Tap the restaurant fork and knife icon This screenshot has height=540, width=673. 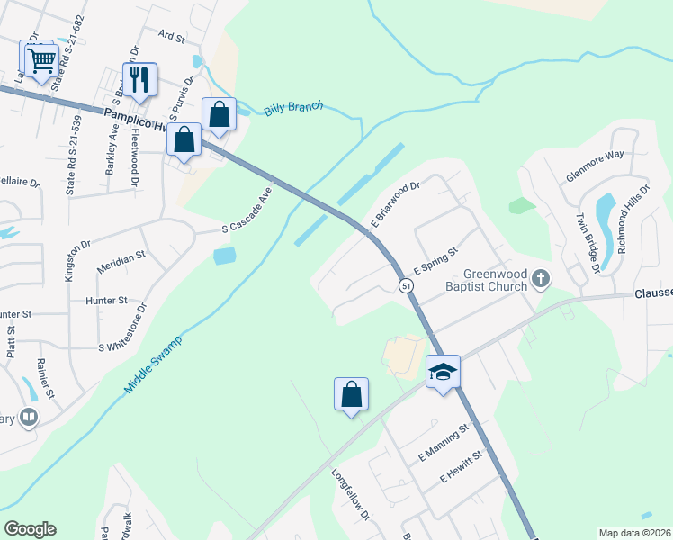139,79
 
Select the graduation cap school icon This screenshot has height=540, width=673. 444,371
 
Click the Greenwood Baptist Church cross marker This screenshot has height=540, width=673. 541,280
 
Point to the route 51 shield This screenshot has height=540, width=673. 407,285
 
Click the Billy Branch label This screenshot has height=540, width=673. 293,110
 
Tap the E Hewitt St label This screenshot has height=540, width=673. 462,465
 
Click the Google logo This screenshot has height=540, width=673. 31,528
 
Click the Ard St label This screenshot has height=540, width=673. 170,38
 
